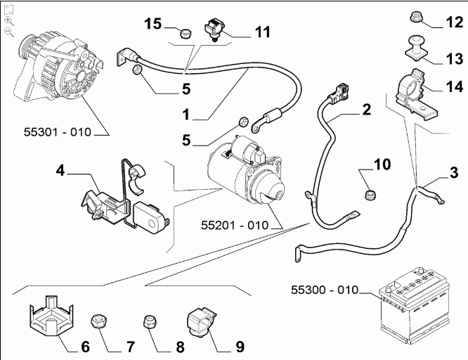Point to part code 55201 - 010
click(x=235, y=226)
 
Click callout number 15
click(x=153, y=25)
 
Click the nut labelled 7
click(x=100, y=323)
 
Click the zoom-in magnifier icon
click(x=9, y=21)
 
